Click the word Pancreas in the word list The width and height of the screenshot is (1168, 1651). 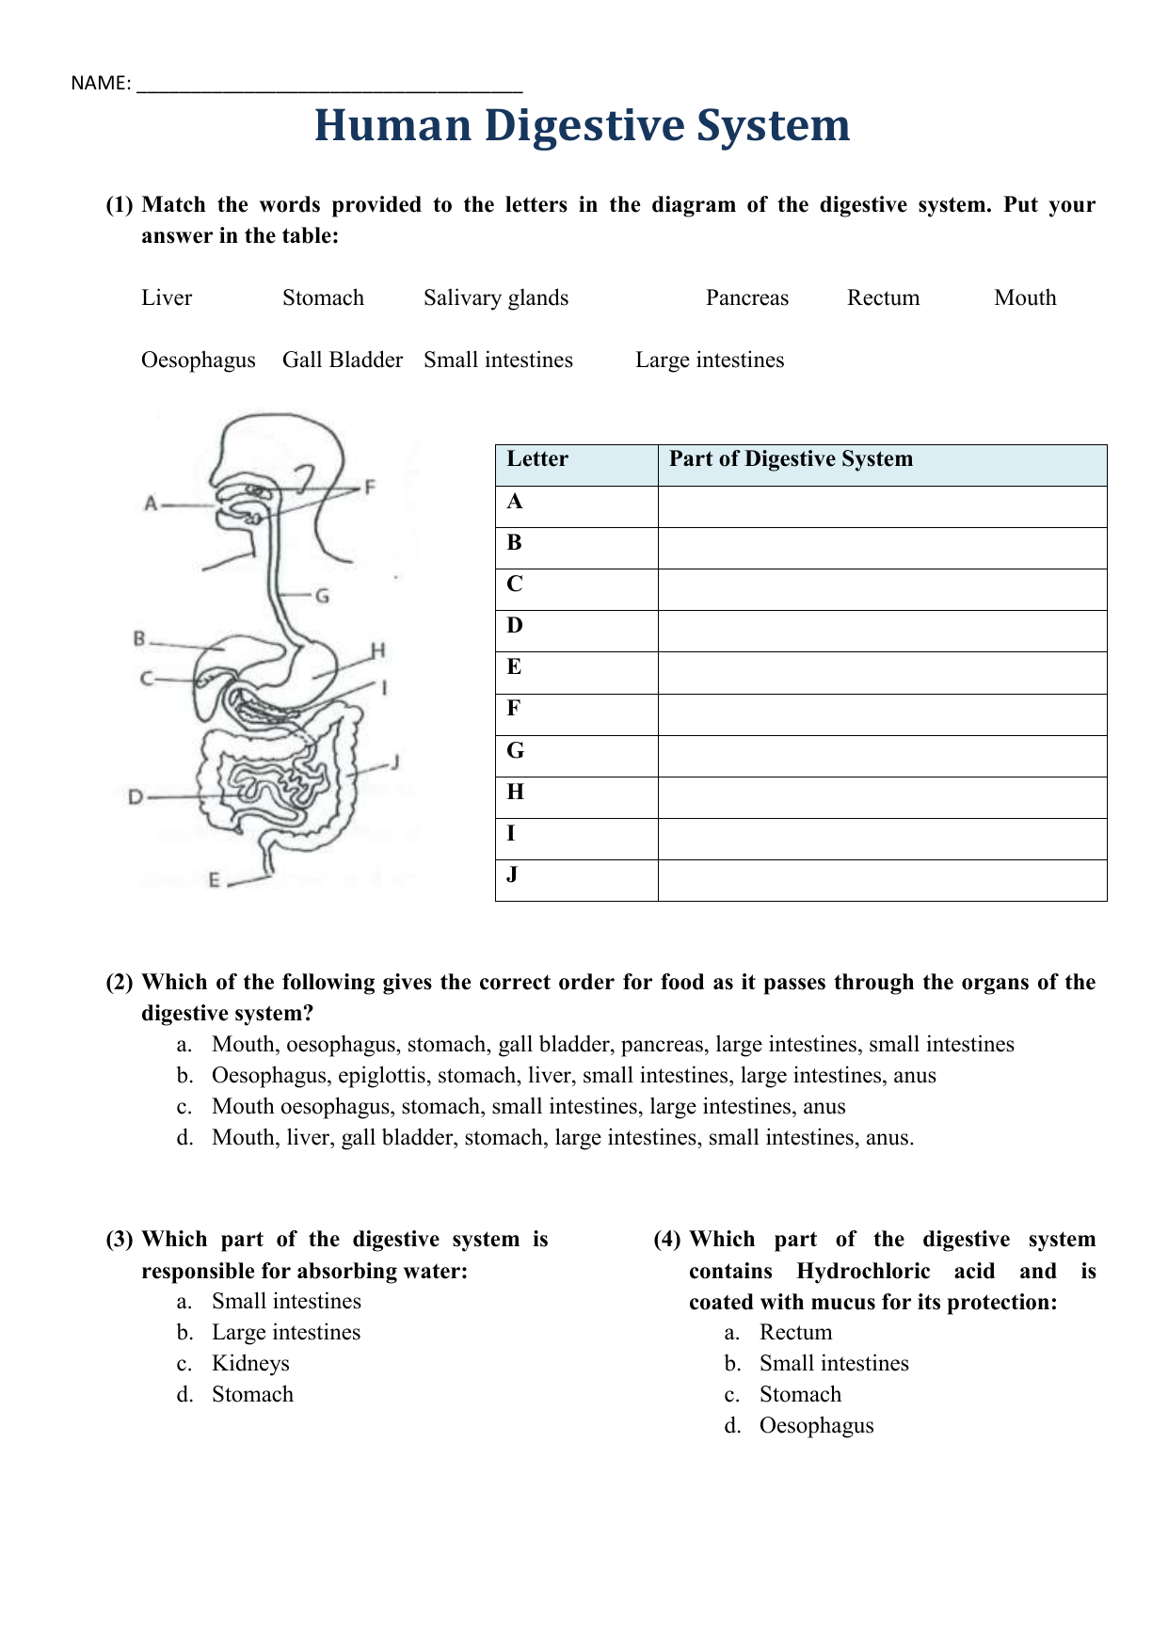pyautogui.click(x=746, y=297)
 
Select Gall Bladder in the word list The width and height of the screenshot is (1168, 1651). pyautogui.click(x=342, y=360)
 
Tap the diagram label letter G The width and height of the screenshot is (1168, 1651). pyautogui.click(x=322, y=596)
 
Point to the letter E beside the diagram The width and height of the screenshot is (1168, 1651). pyautogui.click(x=215, y=880)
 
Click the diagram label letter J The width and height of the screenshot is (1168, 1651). pyautogui.click(x=396, y=761)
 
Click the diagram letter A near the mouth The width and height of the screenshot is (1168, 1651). pyautogui.click(x=151, y=504)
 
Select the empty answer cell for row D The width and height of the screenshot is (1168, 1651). pyautogui.click(x=881, y=631)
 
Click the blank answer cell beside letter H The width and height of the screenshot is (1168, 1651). pyautogui.click(x=881, y=797)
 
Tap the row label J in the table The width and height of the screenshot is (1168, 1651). pyautogui.click(x=512, y=874)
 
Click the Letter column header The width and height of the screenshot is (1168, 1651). pyautogui.click(x=537, y=459)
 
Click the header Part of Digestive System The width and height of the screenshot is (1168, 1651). pyautogui.click(x=791, y=459)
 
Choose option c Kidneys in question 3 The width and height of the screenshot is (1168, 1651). pyautogui.click(x=250, y=1363)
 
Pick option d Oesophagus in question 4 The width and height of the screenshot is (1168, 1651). pyautogui.click(x=816, y=1425)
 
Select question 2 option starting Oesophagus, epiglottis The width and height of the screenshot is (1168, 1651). pyautogui.click(x=573, y=1075)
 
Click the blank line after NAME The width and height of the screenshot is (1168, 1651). pyautogui.click(x=328, y=85)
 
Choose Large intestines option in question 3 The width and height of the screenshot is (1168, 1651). pyautogui.click(x=285, y=1332)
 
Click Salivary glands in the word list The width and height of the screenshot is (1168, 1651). pyautogui.click(x=496, y=297)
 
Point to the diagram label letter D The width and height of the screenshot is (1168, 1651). pyautogui.click(x=136, y=797)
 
